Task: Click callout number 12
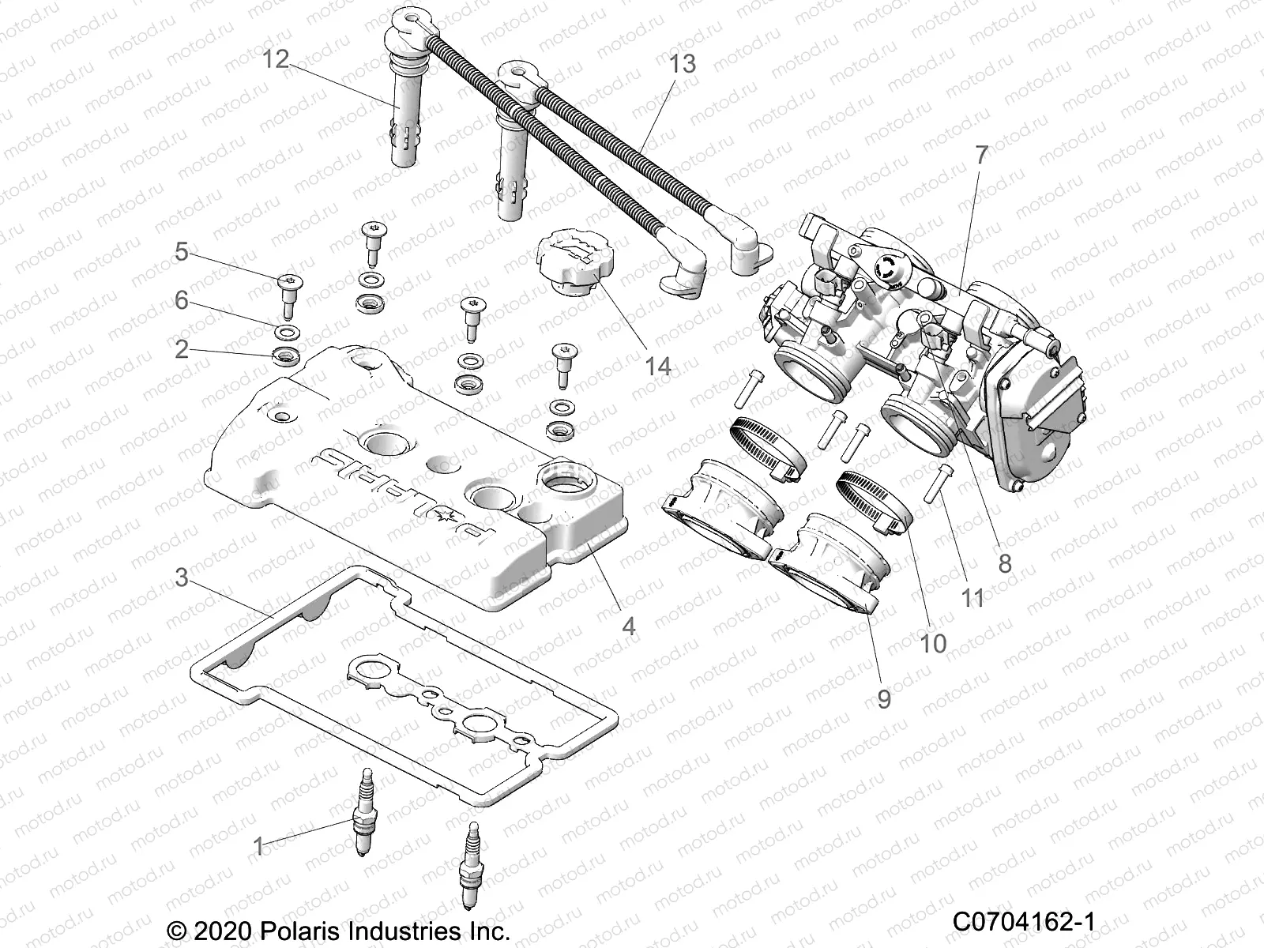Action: click(276, 59)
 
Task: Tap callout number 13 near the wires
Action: click(683, 63)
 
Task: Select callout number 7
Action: click(980, 156)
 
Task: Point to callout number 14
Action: click(656, 366)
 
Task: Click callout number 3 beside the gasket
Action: click(182, 578)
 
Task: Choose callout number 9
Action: click(883, 698)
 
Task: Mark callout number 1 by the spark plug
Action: click(258, 847)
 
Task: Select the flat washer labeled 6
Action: click(288, 330)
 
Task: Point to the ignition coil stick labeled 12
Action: click(406, 118)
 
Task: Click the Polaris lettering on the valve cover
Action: click(403, 491)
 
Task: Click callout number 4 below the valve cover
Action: click(628, 626)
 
